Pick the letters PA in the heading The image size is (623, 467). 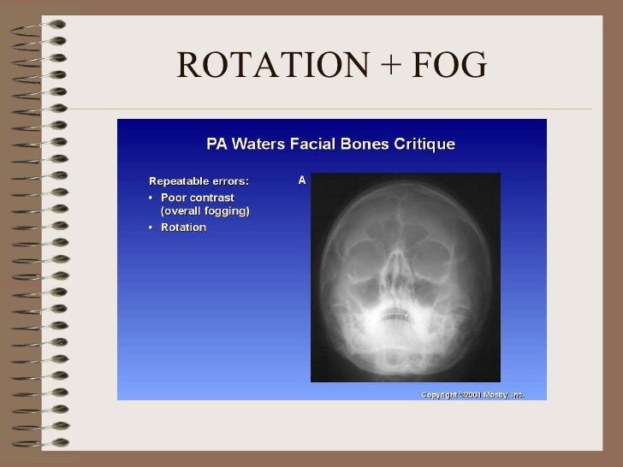click(x=217, y=144)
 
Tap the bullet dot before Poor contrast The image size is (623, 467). click(x=152, y=198)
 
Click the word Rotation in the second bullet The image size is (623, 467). click(x=183, y=228)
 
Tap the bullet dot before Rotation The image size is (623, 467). click(x=152, y=228)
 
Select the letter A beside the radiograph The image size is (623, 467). click(x=301, y=180)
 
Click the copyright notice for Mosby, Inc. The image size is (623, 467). click(x=472, y=394)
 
